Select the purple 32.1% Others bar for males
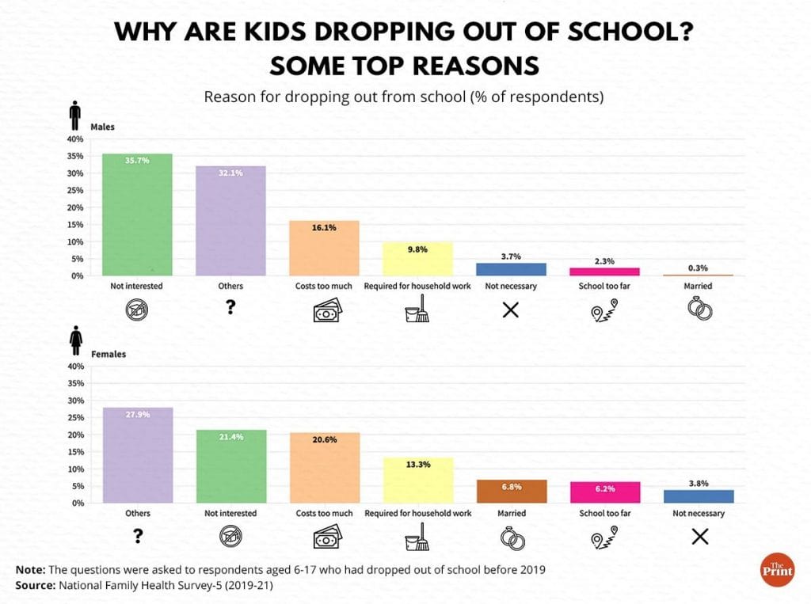coord(231,222)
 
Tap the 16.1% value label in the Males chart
coord(324,227)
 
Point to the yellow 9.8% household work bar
coord(417,259)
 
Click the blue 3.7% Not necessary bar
coord(510,269)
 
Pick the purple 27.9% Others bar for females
coord(138,455)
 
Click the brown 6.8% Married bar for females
coord(510,491)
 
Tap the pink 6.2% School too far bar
coord(603,492)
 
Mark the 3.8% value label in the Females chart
coord(698,483)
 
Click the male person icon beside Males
coord(75,116)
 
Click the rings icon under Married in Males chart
coord(699,310)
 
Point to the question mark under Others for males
coord(231,309)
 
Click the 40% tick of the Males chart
coord(75,139)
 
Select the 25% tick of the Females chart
coord(75,418)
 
